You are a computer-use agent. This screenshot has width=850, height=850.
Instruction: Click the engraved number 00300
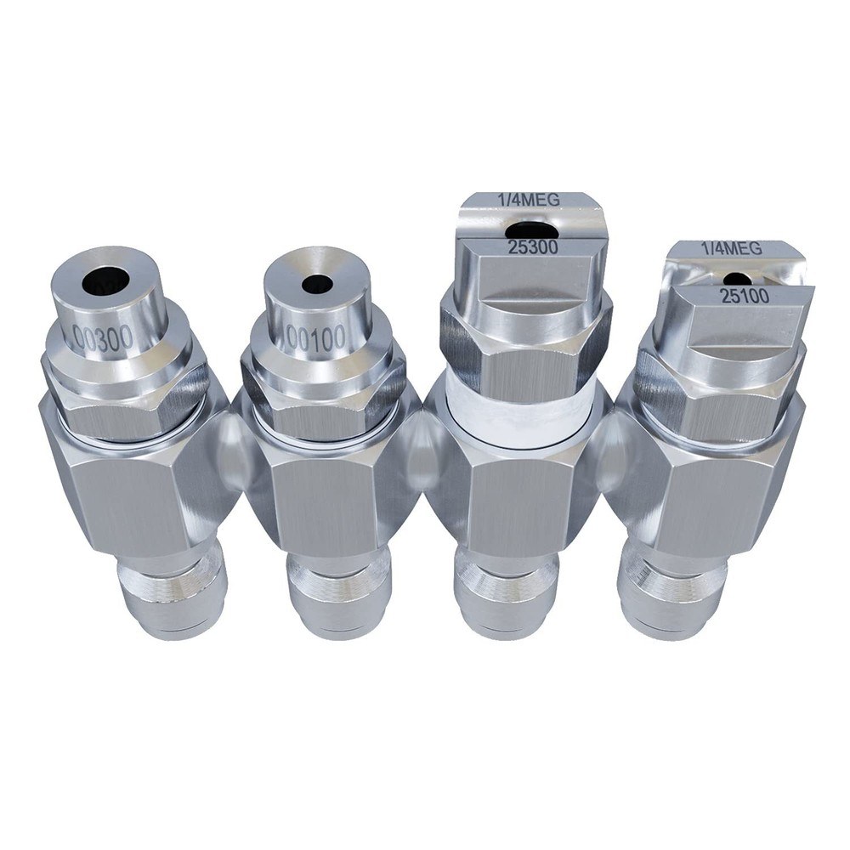tap(103, 337)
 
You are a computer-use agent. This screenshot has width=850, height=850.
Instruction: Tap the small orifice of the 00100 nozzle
tap(317, 284)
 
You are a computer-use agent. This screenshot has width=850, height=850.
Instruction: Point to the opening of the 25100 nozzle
tap(737, 278)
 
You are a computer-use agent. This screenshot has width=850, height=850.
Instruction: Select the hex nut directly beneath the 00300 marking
tap(127, 399)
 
